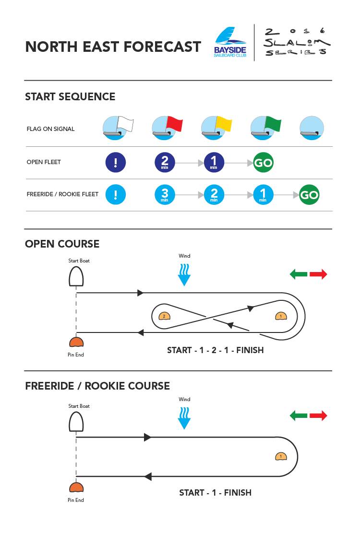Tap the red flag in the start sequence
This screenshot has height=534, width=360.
(174, 124)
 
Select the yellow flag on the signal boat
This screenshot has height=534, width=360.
(224, 124)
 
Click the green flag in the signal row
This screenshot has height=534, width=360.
(273, 124)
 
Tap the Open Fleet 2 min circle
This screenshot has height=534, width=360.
(165, 163)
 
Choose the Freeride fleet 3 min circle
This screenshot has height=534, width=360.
(165, 195)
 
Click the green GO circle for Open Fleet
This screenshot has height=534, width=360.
(263, 163)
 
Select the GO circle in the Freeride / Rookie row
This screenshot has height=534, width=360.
(309, 195)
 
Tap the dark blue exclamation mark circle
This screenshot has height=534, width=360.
(116, 163)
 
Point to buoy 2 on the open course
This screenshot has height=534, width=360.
(164, 316)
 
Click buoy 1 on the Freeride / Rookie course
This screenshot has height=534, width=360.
(281, 456)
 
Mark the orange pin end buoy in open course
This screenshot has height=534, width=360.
(76, 342)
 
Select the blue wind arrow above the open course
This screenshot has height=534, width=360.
(184, 276)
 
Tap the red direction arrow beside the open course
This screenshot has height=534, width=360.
(318, 274)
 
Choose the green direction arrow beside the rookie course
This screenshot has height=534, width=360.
(299, 415)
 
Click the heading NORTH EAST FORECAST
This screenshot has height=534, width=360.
(113, 47)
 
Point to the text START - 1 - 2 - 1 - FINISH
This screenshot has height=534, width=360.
(215, 350)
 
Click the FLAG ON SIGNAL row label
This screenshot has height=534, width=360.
(51, 129)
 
